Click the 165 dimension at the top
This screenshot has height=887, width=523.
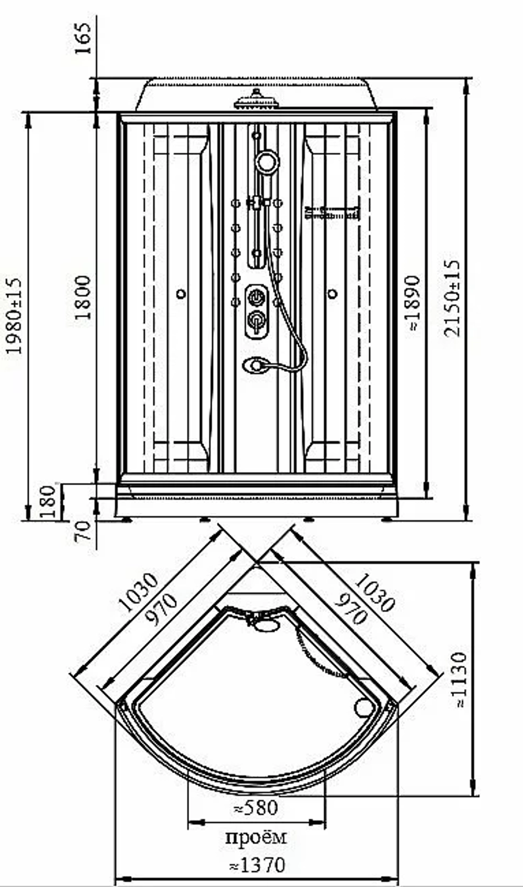83,38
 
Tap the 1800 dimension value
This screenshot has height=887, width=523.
83,298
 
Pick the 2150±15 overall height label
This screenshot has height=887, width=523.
452,298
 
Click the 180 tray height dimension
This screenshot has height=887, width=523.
48,501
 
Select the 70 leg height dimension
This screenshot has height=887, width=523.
83,531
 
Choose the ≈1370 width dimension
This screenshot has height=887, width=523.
257,865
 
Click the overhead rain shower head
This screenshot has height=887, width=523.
257,100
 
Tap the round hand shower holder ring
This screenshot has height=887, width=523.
267,162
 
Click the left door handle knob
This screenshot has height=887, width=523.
181,294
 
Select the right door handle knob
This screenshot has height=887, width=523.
333,294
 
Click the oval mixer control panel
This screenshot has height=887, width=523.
256,311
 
